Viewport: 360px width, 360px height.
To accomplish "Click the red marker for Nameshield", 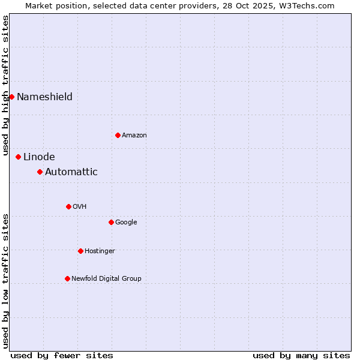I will pos(11,97).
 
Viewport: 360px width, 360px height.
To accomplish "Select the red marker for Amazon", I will pos(118,135).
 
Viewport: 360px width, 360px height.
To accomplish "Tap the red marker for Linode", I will pos(18,157).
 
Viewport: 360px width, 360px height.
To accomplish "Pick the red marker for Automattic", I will pos(40,172).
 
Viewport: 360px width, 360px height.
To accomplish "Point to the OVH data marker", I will pos(68,206).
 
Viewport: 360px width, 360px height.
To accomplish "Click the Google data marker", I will pos(111,222).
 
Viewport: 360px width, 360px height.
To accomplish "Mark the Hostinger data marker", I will pos(80,251).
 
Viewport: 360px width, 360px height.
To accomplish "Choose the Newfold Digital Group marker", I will pos(67,278).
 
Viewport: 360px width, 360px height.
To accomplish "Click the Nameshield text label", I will pos(44,97).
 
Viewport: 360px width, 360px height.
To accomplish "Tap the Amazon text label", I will pos(134,135).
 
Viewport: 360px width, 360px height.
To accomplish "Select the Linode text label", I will pos(39,157).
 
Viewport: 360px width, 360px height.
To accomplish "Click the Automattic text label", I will pos(71,172).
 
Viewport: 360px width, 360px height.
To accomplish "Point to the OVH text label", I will pos(80,206).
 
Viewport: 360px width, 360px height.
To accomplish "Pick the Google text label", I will pos(126,222).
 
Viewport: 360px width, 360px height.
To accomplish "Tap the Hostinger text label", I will pos(100,251).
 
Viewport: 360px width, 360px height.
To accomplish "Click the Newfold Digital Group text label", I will pos(106,278).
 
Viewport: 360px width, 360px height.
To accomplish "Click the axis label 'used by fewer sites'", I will pos(62,355).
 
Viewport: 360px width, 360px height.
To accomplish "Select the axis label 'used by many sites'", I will pos(301,355).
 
